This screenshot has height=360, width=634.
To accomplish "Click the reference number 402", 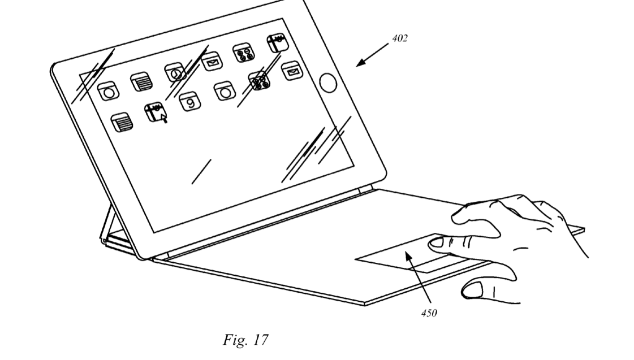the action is point(399,38).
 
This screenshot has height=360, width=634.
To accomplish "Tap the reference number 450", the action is point(429,313).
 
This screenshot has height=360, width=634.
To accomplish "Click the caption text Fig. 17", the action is point(245,340).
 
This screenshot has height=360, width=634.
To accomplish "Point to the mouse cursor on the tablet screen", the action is point(164,118).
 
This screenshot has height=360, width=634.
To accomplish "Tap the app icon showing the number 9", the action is point(189,101).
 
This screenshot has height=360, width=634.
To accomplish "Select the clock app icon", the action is point(175,73).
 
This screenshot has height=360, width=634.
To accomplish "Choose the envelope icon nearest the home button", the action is point(291,71).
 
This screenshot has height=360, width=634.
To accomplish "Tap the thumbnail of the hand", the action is point(472,289).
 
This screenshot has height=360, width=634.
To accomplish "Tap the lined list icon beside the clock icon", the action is point(141,82).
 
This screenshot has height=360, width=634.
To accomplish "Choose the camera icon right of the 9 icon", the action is point(225,92).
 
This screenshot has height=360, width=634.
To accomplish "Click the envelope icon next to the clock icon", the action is point(212,62).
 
